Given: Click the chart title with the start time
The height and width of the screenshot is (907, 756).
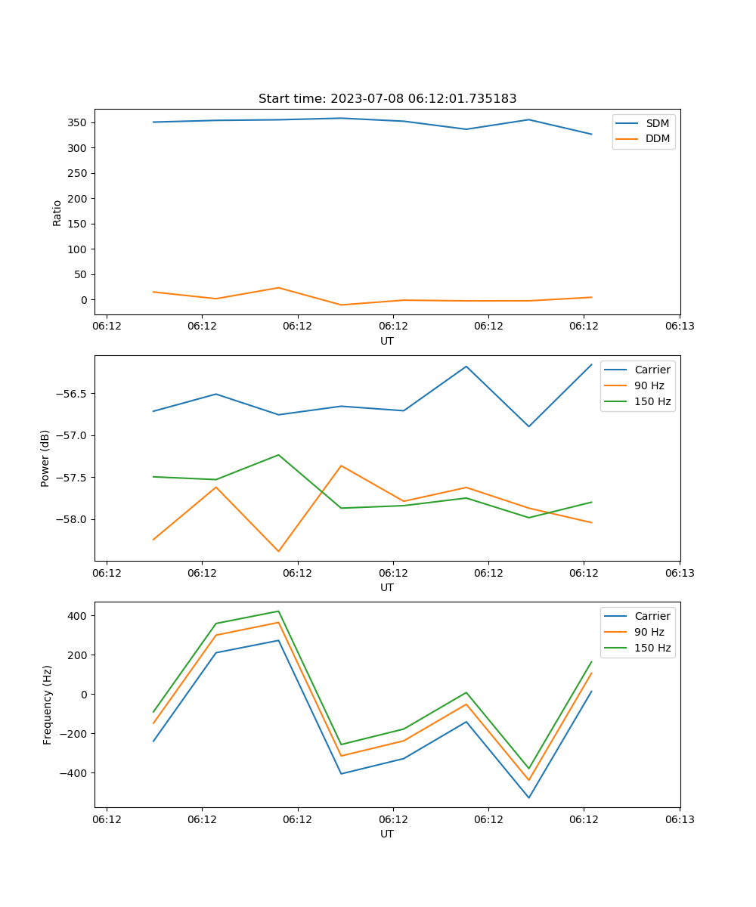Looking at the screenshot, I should click(x=387, y=99).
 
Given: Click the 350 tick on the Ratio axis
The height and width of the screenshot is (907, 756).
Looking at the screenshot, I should click(x=78, y=122).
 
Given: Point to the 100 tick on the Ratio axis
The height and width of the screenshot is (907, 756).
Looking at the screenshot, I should click(x=78, y=249).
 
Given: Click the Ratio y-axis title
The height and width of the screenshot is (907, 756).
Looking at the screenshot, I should click(x=57, y=212).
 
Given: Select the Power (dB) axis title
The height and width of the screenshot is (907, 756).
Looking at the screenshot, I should click(x=45, y=458).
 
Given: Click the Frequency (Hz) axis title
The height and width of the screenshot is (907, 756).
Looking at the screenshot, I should click(x=47, y=704).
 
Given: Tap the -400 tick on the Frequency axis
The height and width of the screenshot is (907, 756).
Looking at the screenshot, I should click(x=74, y=773).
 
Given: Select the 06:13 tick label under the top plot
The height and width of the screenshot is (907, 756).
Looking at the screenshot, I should click(x=680, y=327).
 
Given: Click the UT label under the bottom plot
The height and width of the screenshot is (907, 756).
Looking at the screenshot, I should click(x=387, y=834).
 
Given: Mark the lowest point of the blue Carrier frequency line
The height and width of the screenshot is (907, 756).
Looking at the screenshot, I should click(x=528, y=797).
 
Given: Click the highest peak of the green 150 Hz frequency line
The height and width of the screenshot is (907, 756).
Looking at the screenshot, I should click(x=278, y=611).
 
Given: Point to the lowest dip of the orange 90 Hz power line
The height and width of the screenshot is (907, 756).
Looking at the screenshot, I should click(x=278, y=551).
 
